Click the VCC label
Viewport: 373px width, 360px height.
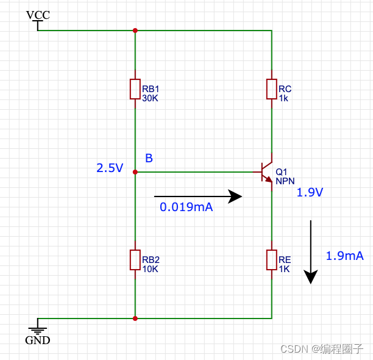point(38,14)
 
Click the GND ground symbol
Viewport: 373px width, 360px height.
point(38,328)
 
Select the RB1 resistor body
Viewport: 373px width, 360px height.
point(135,89)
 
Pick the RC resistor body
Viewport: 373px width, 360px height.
point(271,89)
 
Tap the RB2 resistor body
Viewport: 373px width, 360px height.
point(135,260)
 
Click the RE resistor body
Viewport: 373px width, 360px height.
point(271,260)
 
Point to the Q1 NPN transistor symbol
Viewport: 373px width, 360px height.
point(267,171)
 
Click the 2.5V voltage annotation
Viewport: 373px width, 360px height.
point(110,168)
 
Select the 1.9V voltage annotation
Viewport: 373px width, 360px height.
point(310,193)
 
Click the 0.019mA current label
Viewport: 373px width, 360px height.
point(186,207)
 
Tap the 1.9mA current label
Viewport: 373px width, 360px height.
point(345,256)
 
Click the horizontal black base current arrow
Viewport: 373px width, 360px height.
point(198,196)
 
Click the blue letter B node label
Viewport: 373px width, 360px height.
point(149,159)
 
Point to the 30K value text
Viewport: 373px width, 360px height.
point(150,98)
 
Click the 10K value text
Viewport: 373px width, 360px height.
point(150,268)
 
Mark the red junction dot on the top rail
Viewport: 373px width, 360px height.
point(135,30)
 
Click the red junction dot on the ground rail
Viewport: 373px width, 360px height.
point(135,318)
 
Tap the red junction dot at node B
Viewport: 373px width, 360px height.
point(135,172)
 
